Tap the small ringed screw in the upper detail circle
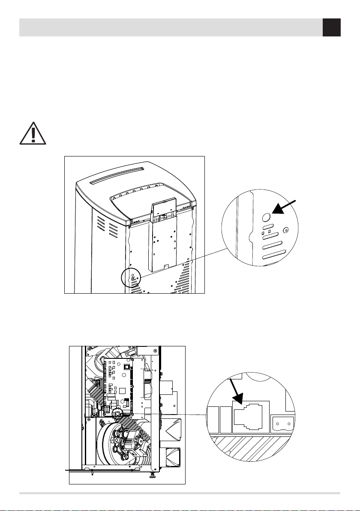287,229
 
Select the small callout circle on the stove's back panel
131,278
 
